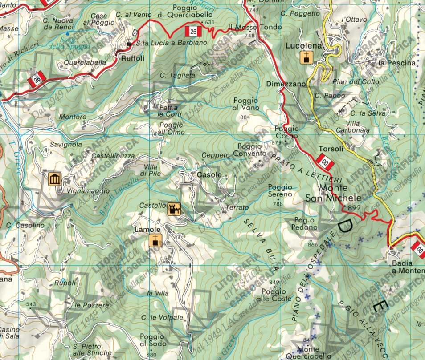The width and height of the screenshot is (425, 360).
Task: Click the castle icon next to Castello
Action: click(174, 209)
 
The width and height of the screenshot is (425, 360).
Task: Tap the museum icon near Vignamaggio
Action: click(54, 180)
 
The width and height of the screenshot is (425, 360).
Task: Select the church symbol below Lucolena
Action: click(306, 57)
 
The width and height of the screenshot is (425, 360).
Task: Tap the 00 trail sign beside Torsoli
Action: click(325, 162)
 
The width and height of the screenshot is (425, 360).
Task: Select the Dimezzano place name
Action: click(286, 84)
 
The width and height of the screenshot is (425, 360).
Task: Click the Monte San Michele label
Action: click(333, 193)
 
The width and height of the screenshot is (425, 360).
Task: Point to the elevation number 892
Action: click(354, 207)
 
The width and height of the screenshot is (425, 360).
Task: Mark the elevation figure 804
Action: click(245, 117)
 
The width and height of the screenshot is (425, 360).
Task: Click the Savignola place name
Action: click(66, 145)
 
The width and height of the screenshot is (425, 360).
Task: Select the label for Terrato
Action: click(237, 208)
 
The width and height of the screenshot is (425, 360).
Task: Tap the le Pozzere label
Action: click(92, 305)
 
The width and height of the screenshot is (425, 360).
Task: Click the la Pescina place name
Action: click(396, 63)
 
